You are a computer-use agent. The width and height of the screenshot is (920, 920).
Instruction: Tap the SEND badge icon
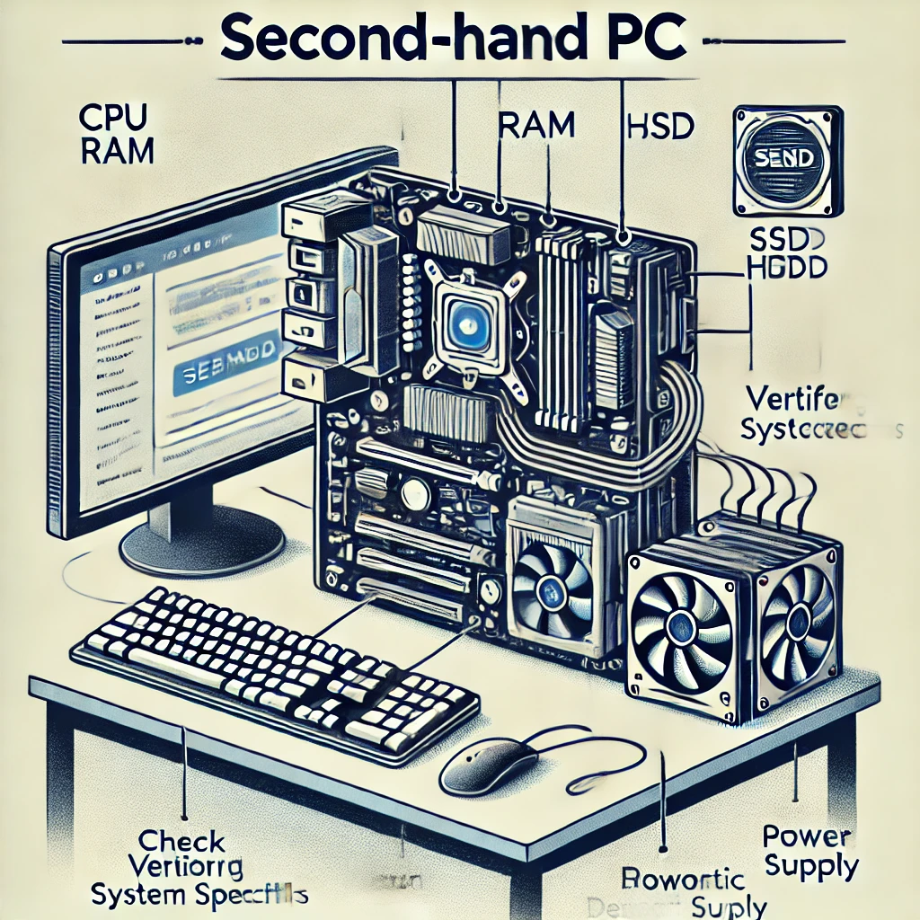pos(786,159)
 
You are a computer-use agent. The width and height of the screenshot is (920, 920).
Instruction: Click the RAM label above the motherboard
pos(535,126)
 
